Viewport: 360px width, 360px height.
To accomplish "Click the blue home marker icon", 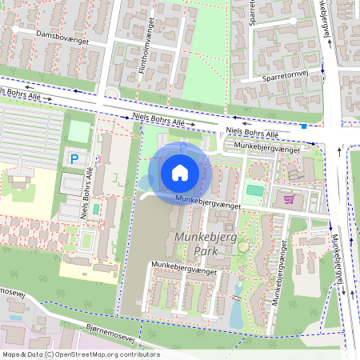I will [180, 173].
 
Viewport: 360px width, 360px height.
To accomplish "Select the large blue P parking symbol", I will [75, 159].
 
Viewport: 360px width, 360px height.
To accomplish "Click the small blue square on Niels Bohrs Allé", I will [304, 126].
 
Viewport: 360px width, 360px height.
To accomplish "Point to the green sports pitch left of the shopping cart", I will [254, 190].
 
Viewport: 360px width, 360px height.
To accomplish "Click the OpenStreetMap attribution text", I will [80, 354].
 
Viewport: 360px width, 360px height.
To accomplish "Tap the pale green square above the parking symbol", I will [79, 131].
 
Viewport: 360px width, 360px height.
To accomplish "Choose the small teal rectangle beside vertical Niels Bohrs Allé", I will [96, 209].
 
